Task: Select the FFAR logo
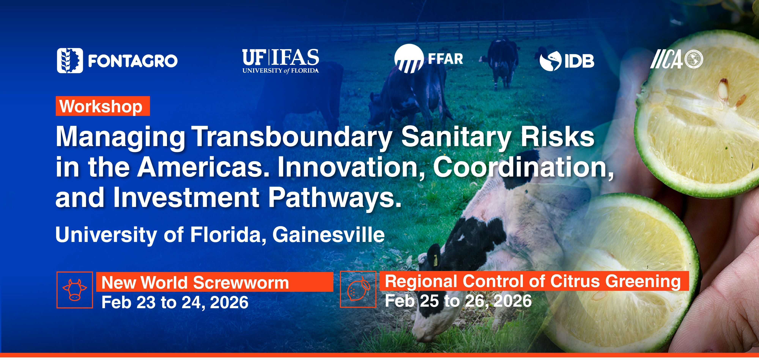point(429,59)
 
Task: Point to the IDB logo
point(567,60)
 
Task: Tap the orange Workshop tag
point(102,106)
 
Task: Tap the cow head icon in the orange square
point(75,290)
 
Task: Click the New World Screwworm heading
point(195,283)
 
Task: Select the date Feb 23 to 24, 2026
point(175,302)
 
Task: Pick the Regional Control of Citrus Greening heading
point(533,281)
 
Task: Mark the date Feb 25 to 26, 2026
point(458,301)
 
